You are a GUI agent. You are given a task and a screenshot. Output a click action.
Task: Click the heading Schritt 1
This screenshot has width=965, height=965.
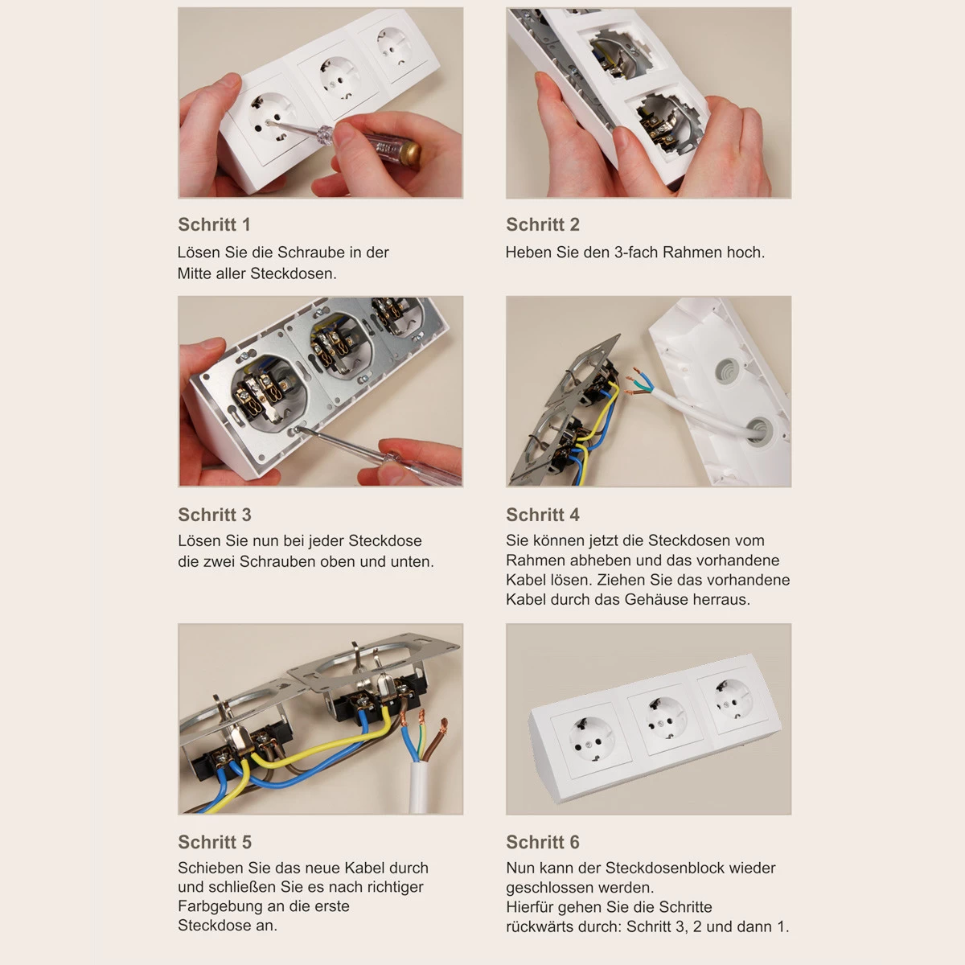tap(214, 224)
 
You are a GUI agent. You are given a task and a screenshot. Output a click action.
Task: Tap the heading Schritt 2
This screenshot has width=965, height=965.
tap(542, 224)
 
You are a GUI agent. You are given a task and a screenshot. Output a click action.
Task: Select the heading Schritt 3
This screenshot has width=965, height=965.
tap(215, 515)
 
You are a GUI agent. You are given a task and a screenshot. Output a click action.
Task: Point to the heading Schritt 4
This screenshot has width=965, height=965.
tap(542, 515)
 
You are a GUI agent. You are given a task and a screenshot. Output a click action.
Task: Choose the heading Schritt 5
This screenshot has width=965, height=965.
tap(215, 842)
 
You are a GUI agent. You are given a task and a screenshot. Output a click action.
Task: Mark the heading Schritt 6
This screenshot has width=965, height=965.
tap(542, 842)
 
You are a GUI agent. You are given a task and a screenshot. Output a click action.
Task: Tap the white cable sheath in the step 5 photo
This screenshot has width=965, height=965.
tap(419, 786)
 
